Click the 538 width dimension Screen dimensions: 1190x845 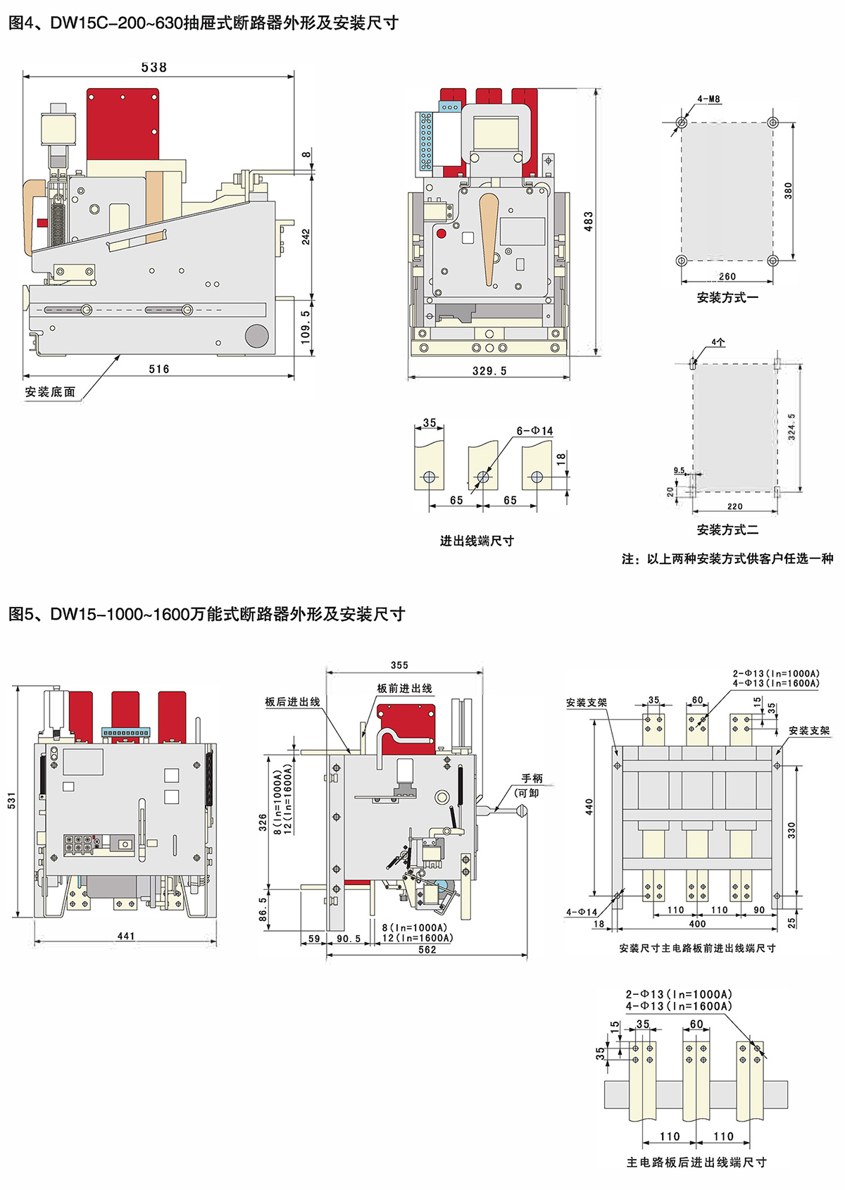pos(154,68)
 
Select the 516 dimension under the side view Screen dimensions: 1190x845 pos(158,369)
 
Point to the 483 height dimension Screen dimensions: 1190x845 pos(589,221)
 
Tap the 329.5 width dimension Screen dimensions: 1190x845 pos(489,371)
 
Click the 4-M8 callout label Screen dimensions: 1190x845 pos(709,99)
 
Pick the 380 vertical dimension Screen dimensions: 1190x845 pos(789,190)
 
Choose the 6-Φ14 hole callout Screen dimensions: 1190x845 pos(534,431)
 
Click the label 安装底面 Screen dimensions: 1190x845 pos(50,392)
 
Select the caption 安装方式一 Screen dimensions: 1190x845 pos(727,298)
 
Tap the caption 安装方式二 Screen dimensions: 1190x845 pos(727,530)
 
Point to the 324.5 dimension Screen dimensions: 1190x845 pos(792,427)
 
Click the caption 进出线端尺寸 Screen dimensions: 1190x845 pos(477,541)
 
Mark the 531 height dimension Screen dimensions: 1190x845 pos(12,800)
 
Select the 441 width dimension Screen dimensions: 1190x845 pos(126,936)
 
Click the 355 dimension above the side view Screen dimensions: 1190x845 pos(399,665)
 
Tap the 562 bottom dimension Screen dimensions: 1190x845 pos(427,949)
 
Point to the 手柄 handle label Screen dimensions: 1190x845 pos(532,778)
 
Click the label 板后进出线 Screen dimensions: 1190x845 pos(292,702)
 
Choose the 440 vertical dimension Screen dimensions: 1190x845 pos(589,806)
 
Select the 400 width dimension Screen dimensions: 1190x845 pos(697,924)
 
